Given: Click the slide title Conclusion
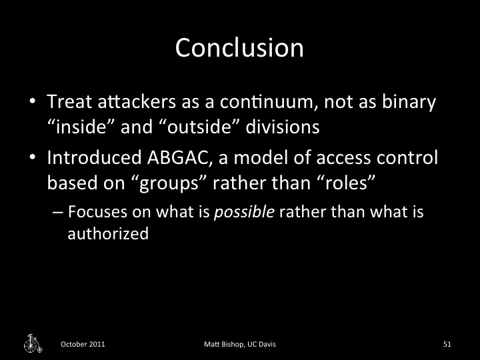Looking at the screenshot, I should [x=239, y=48].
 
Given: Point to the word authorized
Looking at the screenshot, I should [x=108, y=234].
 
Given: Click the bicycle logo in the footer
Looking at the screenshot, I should [x=32, y=343].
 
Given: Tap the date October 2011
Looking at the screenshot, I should [x=82, y=344].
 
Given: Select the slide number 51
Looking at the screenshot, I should [x=447, y=344].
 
